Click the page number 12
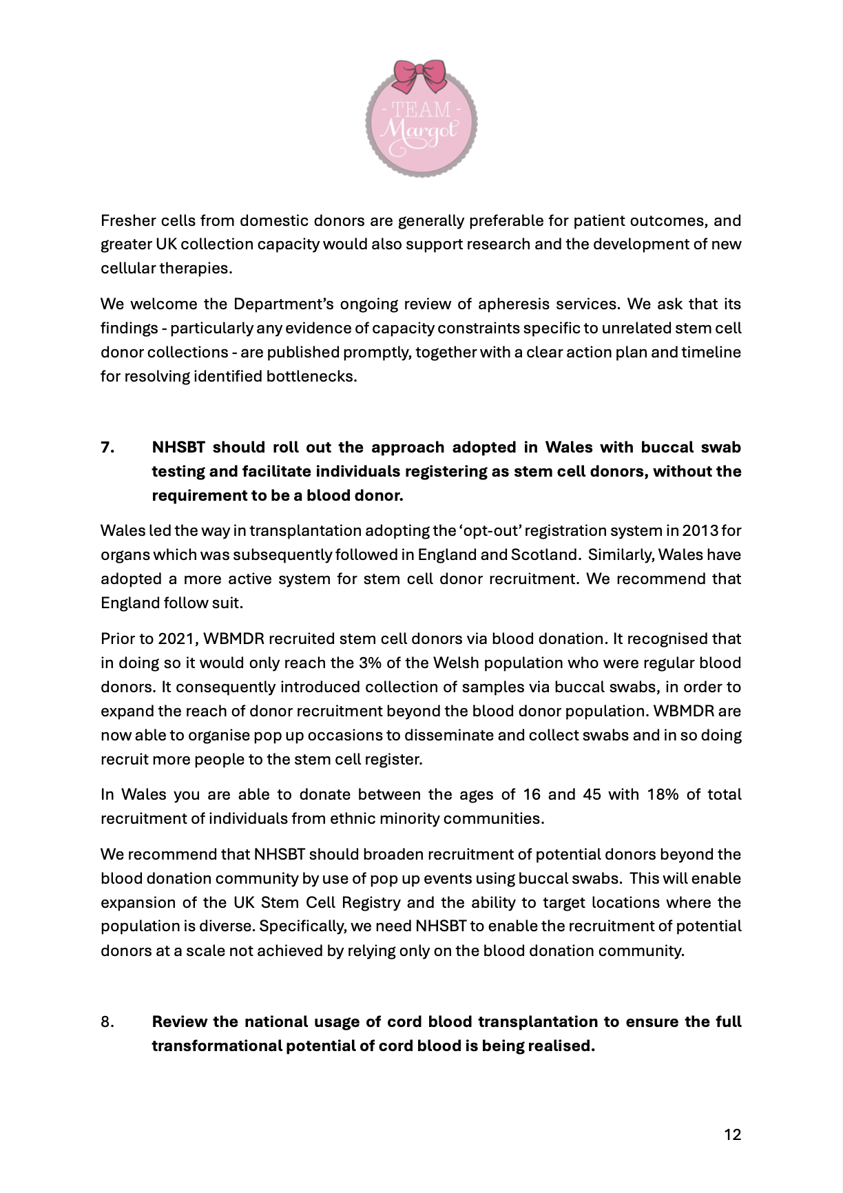click(x=732, y=1134)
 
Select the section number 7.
click(x=107, y=448)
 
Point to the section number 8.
click(x=107, y=1022)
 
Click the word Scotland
click(x=543, y=555)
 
